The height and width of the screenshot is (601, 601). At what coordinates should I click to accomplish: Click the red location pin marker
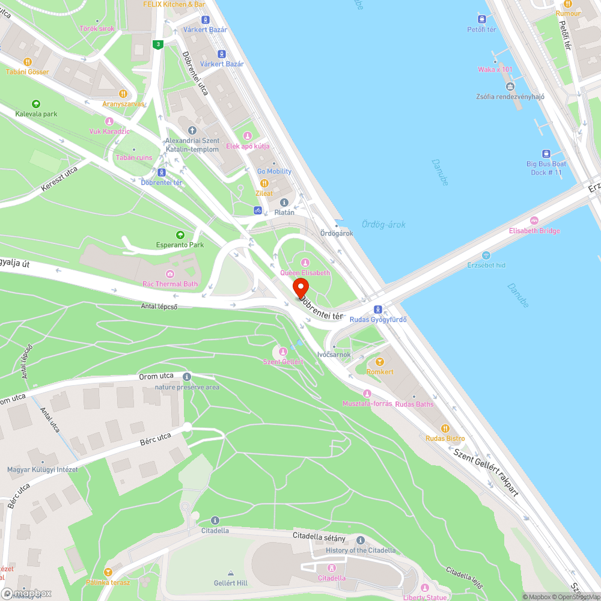pos(300,287)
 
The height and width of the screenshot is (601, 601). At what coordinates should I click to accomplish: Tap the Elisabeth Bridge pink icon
pos(534,221)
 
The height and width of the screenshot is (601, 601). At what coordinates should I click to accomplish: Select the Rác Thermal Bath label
pos(170,284)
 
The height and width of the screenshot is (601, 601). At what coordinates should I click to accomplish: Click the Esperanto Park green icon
pos(180,234)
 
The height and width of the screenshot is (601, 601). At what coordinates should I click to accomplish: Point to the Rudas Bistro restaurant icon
pos(445,428)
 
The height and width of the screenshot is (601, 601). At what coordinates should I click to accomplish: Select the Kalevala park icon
pos(36,103)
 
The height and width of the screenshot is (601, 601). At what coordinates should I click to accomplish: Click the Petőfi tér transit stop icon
pos(482,19)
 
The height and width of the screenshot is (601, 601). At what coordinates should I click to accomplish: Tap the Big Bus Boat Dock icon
pos(546,153)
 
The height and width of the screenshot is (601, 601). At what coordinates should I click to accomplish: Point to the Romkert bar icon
pos(379,362)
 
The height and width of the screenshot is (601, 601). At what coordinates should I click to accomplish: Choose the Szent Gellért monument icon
pos(283,351)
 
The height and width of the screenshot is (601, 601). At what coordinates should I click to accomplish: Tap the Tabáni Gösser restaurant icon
pos(28,61)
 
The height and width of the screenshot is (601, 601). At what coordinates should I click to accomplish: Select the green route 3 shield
pos(157,44)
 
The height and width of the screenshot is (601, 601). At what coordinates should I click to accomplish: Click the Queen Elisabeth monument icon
pos(305,262)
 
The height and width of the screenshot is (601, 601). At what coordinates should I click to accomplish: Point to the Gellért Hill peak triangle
pos(231,573)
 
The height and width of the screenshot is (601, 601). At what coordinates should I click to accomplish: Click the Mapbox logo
pos(27,593)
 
